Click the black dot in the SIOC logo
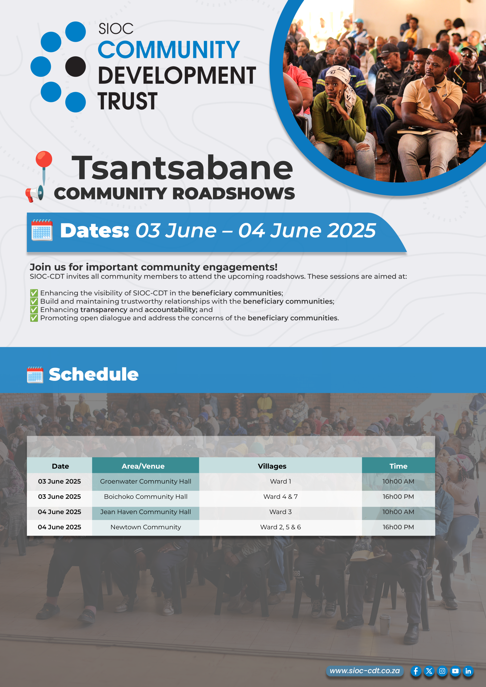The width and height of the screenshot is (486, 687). (x=75, y=67)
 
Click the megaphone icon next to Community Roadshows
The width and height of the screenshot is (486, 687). (x=34, y=193)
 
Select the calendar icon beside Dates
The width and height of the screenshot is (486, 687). (x=42, y=230)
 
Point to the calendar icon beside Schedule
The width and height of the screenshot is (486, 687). (x=35, y=375)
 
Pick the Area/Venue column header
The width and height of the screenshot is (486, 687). (x=143, y=466)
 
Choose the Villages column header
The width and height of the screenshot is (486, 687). (x=272, y=466)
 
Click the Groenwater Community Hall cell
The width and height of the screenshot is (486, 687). (x=146, y=481)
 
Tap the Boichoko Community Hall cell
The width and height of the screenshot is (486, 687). (x=146, y=497)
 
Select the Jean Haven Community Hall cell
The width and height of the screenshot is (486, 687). (x=146, y=512)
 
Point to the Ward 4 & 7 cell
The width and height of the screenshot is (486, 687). (x=281, y=497)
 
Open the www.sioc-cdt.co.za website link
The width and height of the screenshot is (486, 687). (x=365, y=671)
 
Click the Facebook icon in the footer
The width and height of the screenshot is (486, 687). (x=416, y=671)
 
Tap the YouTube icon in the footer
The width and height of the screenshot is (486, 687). (x=455, y=671)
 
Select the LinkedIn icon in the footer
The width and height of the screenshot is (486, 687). (x=468, y=671)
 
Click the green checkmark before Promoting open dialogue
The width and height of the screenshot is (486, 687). (x=34, y=318)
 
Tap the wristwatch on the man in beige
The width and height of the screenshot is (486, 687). (x=432, y=89)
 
